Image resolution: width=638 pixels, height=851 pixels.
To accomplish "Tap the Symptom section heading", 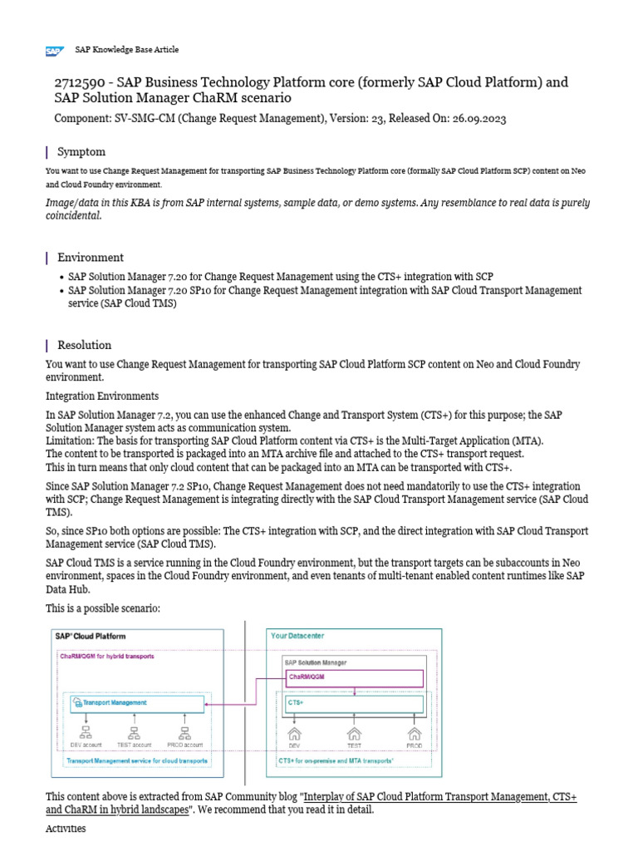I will pos(81,152).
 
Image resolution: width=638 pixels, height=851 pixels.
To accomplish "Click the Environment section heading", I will pos(90,258).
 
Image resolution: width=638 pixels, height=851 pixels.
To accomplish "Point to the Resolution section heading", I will pos(84,345).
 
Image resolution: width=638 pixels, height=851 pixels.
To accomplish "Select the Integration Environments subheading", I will pos(102,396).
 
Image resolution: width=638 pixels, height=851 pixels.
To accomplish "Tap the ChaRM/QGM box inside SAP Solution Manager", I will pos(354,677).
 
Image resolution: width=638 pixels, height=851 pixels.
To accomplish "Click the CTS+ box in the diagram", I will pos(354,703).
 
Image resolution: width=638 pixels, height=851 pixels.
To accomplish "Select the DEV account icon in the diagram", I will pos(86,732).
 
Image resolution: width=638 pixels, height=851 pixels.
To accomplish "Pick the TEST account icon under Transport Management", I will pos(134,732).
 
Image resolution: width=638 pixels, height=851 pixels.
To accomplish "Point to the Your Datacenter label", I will pos(298,636).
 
